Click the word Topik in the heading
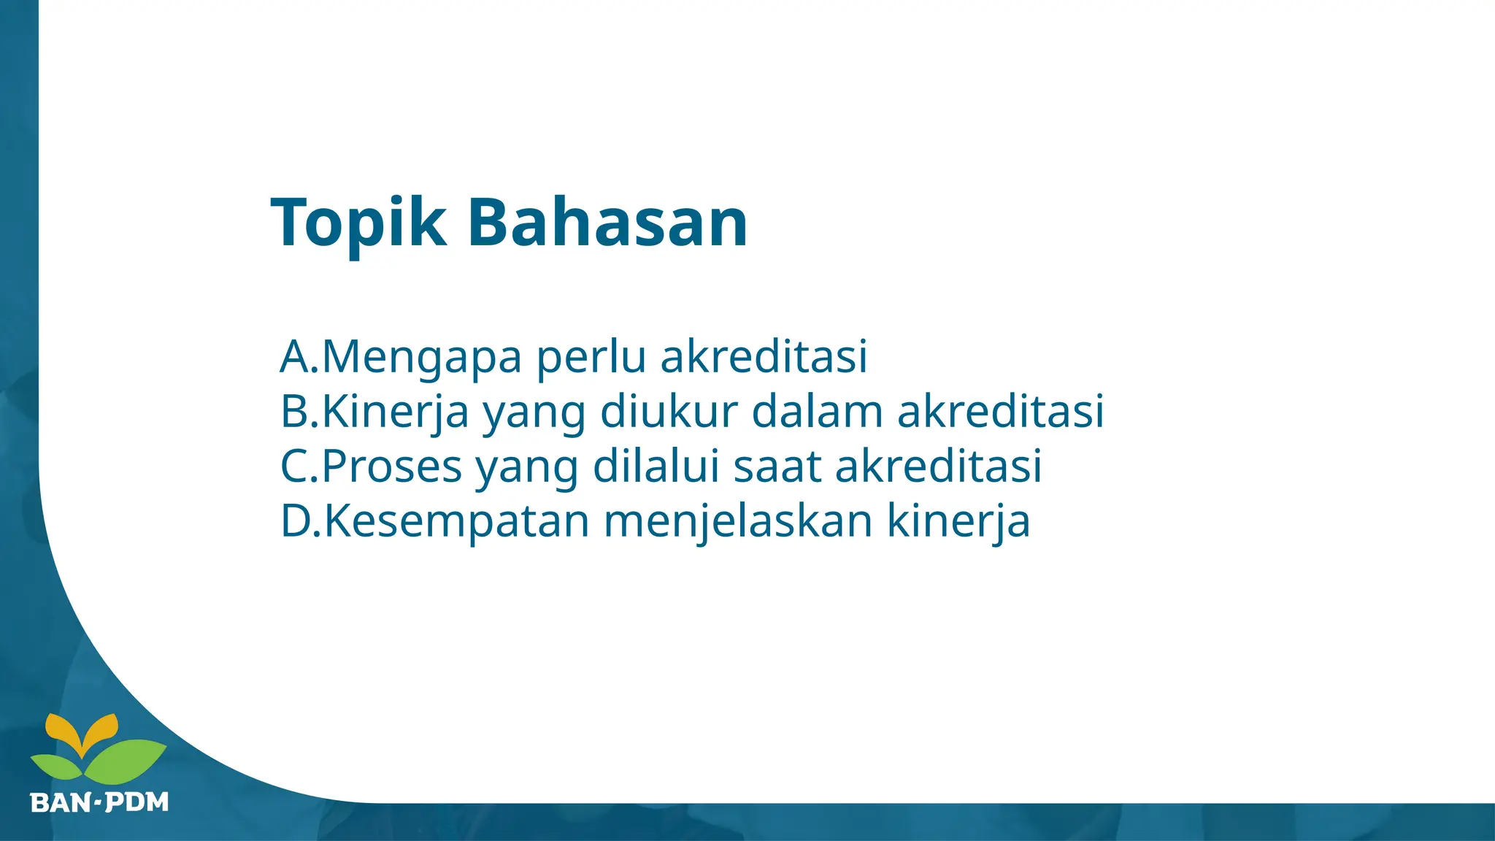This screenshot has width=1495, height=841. click(358, 223)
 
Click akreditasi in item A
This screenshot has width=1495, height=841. click(764, 356)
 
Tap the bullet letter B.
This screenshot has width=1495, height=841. click(295, 411)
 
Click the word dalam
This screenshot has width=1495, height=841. click(817, 411)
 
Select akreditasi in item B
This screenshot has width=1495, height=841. click(1000, 411)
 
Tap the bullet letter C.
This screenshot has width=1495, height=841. click(295, 466)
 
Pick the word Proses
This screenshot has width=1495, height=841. click(392, 466)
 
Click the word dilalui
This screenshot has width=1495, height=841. click(656, 466)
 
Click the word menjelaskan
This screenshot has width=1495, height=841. click(738, 521)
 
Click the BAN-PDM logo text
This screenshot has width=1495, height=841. click(100, 802)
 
